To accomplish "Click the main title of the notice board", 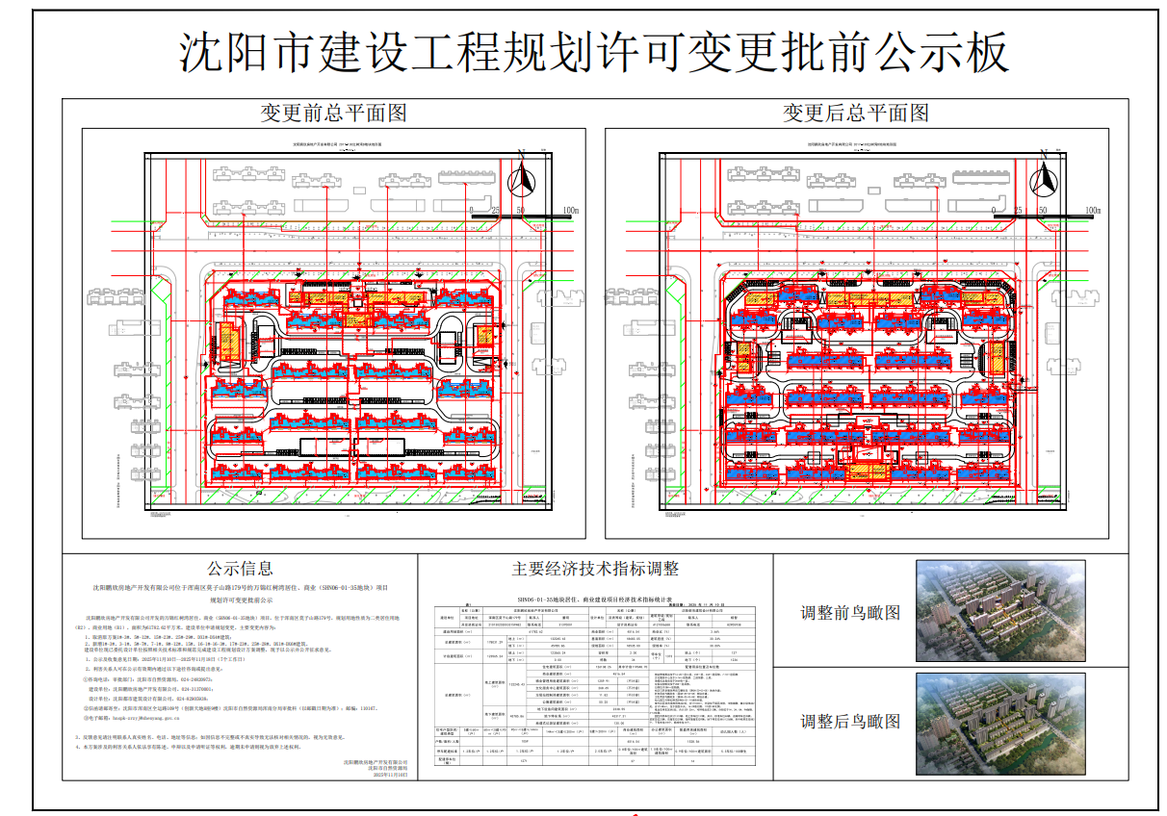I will [x=594, y=51].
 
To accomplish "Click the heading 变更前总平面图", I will [x=334, y=113].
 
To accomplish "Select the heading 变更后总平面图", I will [x=856, y=113].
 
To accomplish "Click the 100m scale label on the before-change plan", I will [x=571, y=210].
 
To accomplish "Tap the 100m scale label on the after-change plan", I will [x=1093, y=210].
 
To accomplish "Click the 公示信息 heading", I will [x=240, y=569].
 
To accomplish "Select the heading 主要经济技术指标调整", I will [x=595, y=569].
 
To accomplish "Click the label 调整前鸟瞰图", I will [x=850, y=613].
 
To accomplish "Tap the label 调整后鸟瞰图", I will [x=850, y=721].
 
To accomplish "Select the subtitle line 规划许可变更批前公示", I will [x=240, y=598].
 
